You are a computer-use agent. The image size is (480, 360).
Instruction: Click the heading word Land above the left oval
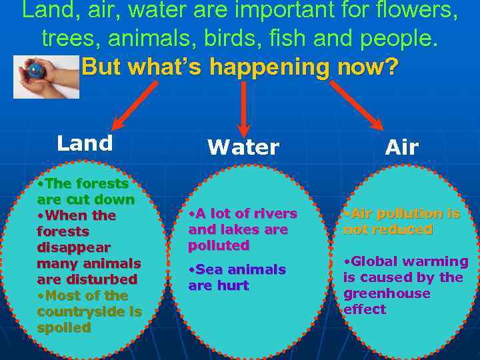[85, 143]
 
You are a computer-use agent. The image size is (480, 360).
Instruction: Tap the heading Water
[243, 147]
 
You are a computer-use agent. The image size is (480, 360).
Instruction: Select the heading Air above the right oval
[402, 147]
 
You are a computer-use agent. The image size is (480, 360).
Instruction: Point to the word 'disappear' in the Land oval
[73, 247]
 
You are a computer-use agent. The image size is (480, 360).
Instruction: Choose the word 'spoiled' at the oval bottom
[64, 327]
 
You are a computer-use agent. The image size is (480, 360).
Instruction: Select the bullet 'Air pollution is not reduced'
[401, 221]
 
